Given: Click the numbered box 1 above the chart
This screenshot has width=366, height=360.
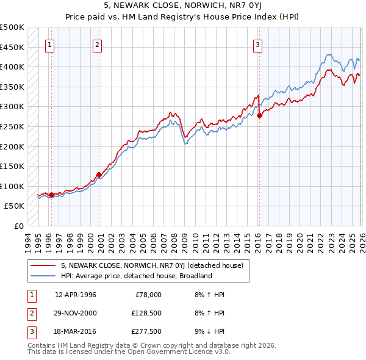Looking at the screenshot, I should coord(49,44).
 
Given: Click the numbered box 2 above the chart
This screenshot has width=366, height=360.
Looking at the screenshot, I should coord(98,44).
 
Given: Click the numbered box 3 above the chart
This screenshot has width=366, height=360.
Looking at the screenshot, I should coord(258,44).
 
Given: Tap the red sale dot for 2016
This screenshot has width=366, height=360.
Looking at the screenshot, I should coord(259,115).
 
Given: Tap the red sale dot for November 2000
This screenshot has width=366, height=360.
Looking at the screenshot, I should coord(99,175).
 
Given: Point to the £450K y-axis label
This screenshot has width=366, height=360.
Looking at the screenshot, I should coord(13,47).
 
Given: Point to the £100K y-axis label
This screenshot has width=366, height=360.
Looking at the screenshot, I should coord(13,186).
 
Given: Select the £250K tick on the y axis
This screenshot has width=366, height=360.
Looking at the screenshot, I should coord(13,126).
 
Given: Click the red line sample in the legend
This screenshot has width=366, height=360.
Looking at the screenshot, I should coord(43,265).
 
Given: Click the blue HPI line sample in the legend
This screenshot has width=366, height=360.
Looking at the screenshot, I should coord(43,276).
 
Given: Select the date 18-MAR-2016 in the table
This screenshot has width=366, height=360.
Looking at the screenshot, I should coord(76,331).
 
